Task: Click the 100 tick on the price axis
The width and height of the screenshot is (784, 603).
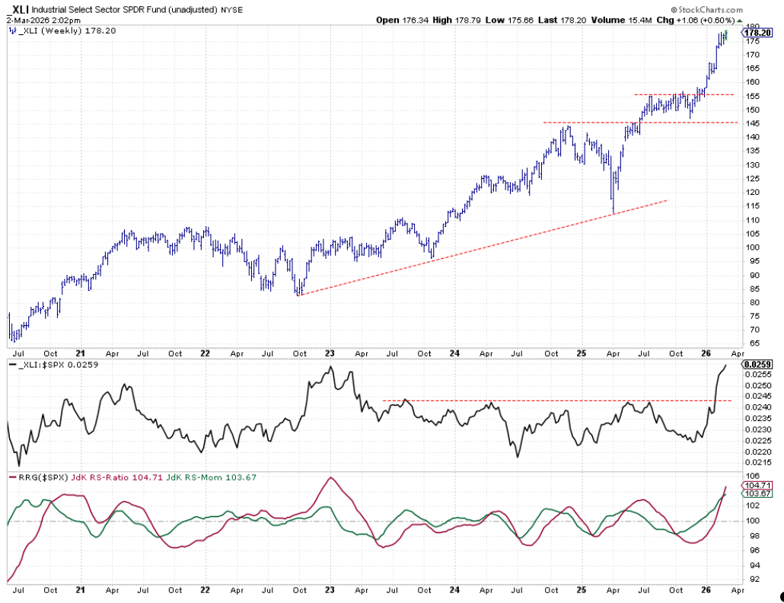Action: coord(752,247)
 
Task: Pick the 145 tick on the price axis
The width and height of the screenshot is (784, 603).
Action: coord(752,123)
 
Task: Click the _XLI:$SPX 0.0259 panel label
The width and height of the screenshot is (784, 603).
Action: coord(55,365)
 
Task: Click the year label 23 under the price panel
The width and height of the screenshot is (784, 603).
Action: coord(330,354)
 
